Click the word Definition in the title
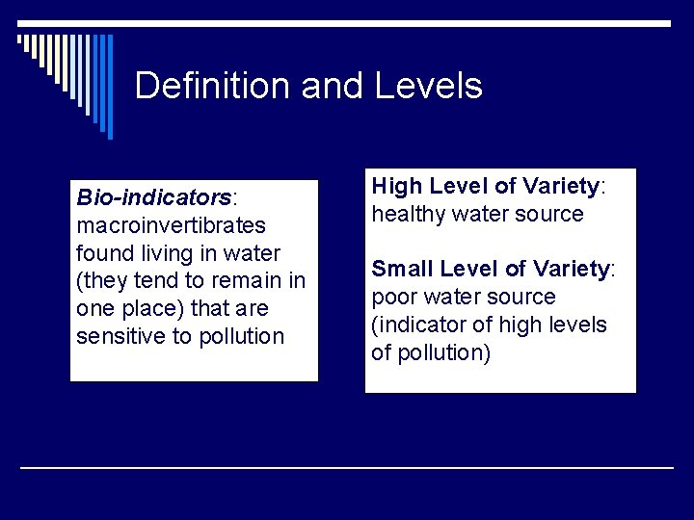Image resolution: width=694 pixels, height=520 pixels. (213, 87)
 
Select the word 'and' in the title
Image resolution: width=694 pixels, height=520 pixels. (329, 87)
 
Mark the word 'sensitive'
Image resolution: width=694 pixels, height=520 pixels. (120, 337)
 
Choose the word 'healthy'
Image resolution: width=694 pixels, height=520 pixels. (411, 214)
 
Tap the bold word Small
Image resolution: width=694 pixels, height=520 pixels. (402, 269)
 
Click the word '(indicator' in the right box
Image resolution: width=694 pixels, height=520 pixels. (416, 325)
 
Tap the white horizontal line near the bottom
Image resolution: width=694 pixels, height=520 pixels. (347, 467)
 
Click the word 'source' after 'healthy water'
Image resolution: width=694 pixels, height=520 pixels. (549, 214)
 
